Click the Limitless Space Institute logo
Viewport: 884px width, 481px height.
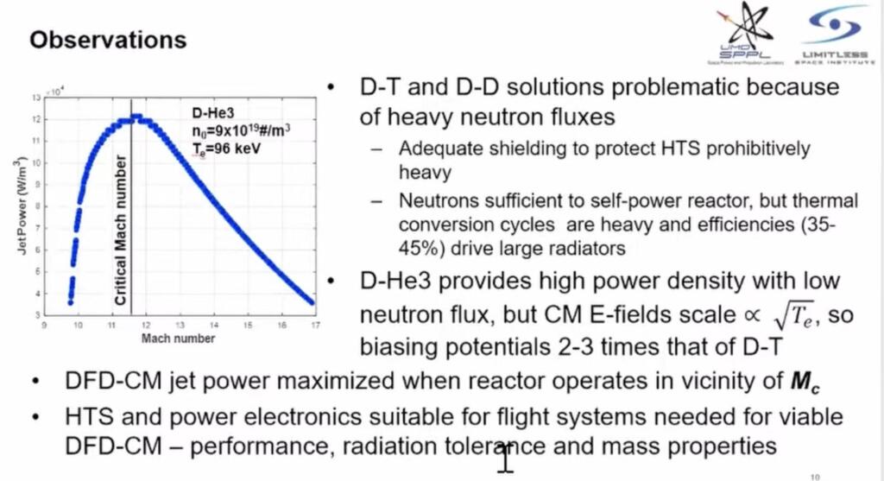click(x=835, y=35)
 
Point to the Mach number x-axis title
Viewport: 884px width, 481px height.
click(x=178, y=339)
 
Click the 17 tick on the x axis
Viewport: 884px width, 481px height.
click(x=313, y=326)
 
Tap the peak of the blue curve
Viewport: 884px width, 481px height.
click(x=136, y=117)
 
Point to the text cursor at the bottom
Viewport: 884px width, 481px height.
click(x=506, y=458)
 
